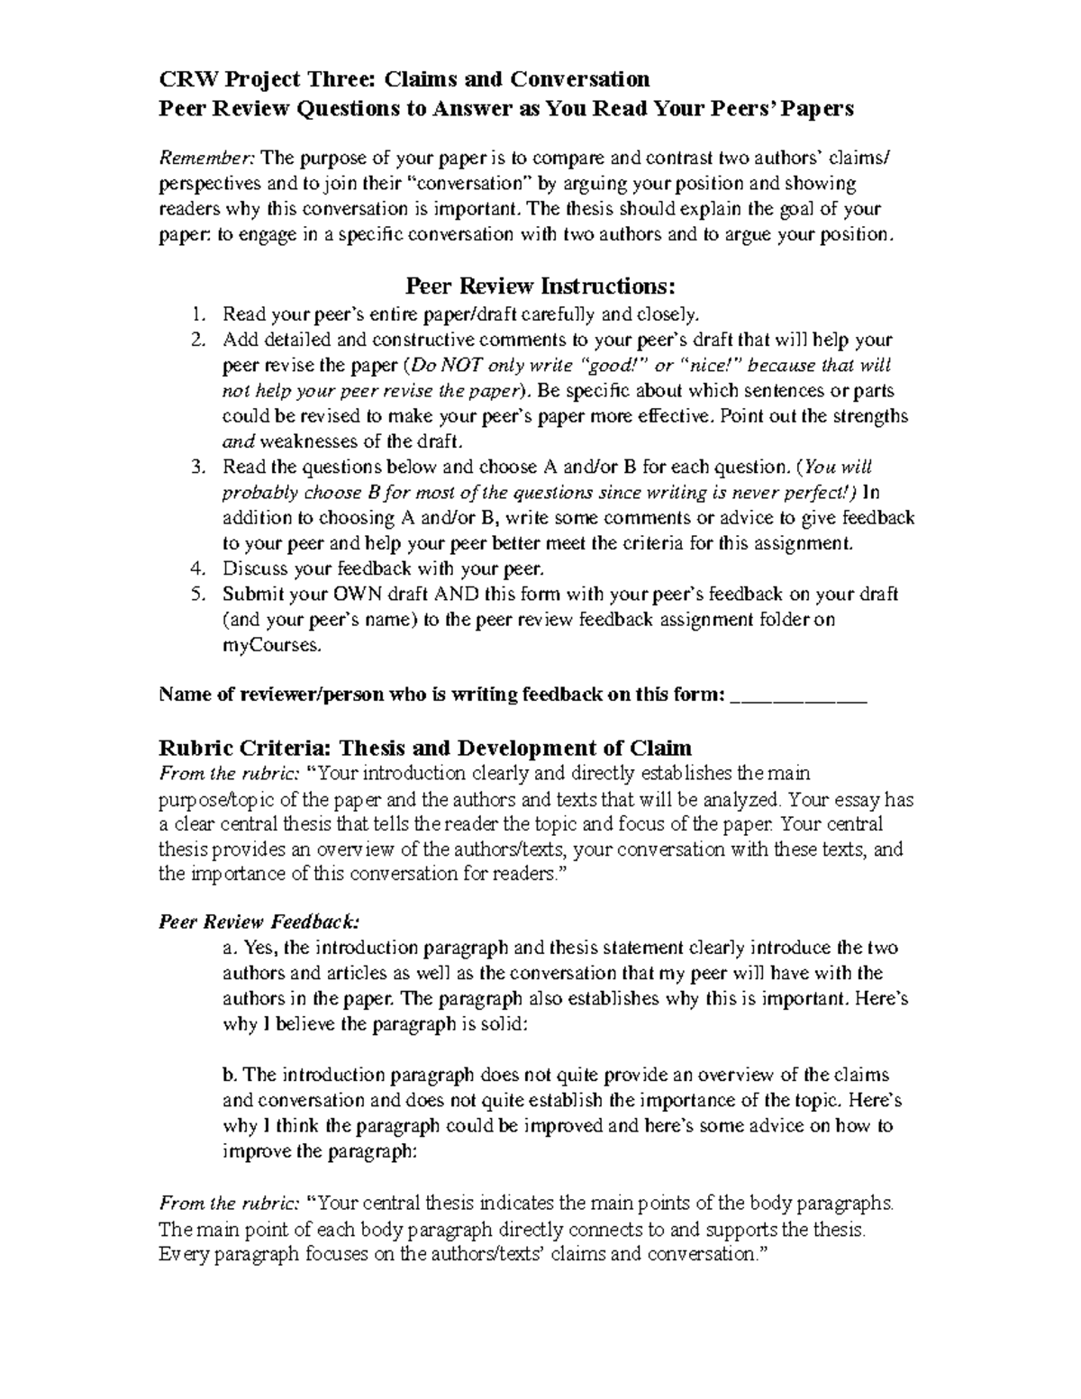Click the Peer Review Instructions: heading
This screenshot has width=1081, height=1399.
[540, 286]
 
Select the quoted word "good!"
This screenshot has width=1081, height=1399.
[617, 366]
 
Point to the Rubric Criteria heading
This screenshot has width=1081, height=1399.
[425, 748]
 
